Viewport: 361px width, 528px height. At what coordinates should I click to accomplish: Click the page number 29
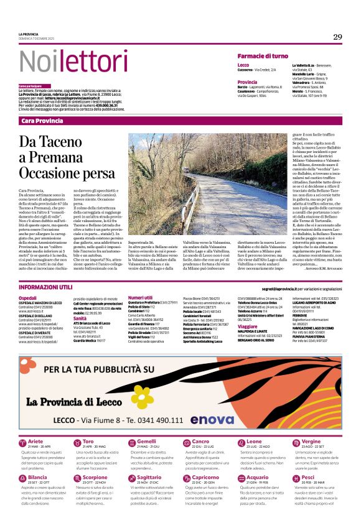(337, 37)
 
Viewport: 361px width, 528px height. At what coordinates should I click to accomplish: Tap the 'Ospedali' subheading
(28, 298)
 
